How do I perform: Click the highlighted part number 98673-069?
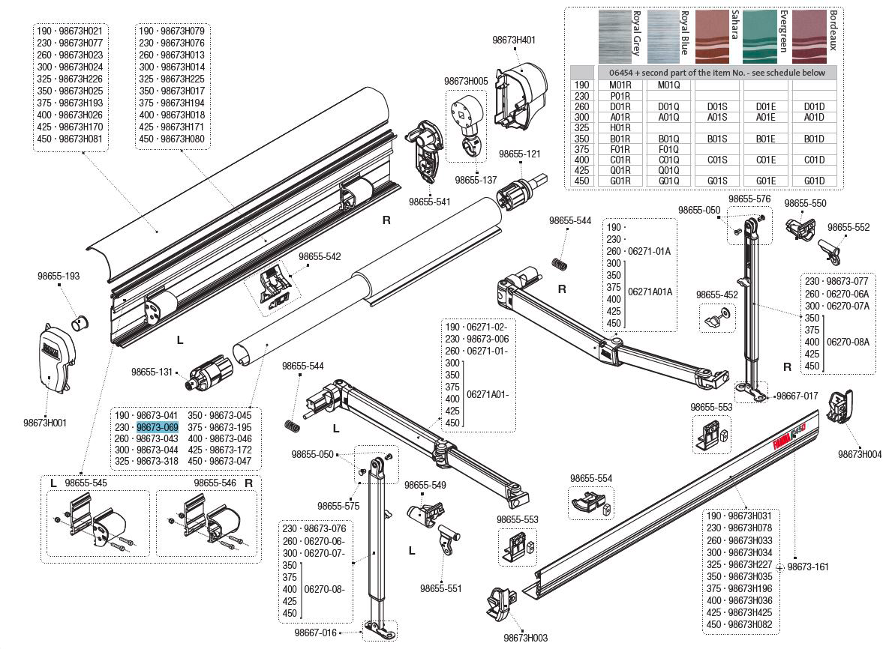[x=157, y=427]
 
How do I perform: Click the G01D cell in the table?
[x=814, y=181]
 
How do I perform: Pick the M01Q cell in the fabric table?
[x=668, y=85]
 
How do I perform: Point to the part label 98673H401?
[x=515, y=40]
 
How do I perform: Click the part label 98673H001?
[x=44, y=423]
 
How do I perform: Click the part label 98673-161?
[x=808, y=567]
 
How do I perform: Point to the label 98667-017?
[x=797, y=396]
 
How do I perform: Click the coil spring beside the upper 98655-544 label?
[x=557, y=264]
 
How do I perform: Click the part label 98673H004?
[x=860, y=454]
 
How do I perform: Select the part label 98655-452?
[x=716, y=295]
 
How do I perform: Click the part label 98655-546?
[x=215, y=483]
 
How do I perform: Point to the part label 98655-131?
[x=152, y=372]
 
